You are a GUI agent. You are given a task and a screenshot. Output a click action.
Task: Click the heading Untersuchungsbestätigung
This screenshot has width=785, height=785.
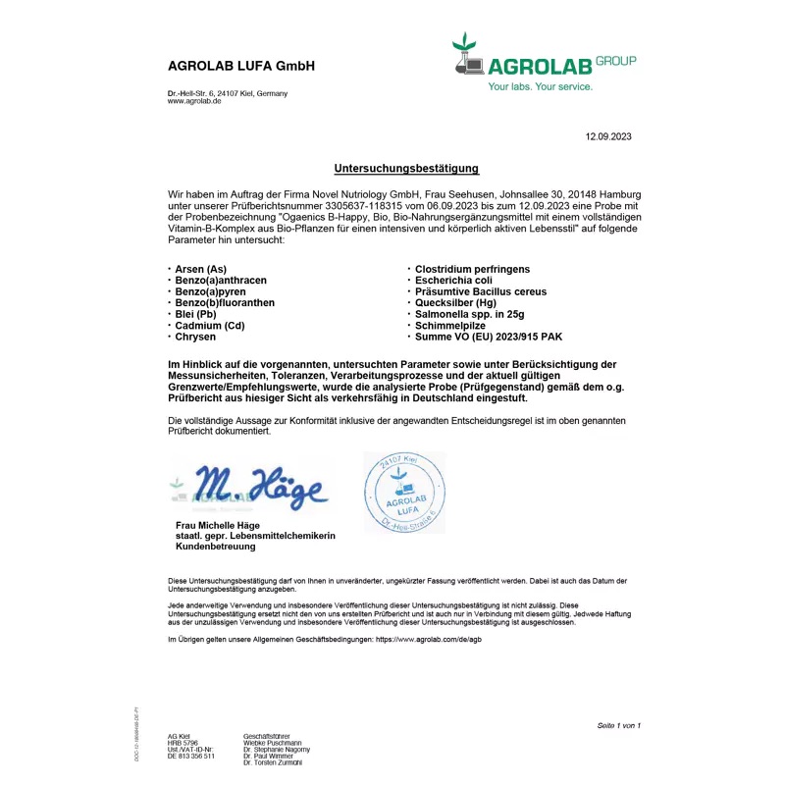(405, 169)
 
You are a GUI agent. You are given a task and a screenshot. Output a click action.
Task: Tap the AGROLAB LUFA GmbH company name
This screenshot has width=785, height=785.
(240, 67)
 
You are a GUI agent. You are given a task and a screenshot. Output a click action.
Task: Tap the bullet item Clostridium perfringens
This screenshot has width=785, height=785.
(472, 269)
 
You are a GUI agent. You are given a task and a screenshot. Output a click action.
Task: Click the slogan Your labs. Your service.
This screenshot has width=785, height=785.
(541, 86)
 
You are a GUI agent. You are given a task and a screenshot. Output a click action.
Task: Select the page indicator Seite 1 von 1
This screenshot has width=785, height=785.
(618, 725)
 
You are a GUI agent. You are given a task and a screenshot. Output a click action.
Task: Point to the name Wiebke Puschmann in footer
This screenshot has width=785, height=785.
(272, 743)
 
